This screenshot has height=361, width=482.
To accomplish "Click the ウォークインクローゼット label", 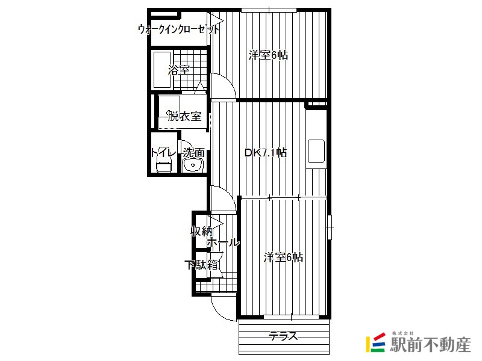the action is tap(178, 29).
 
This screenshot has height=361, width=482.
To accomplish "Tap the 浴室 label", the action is tap(178, 70).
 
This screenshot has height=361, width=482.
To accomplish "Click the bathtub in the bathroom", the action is tap(162, 70).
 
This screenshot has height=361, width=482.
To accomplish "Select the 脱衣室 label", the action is tap(184, 116).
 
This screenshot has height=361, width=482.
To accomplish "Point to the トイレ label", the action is tap(163, 152).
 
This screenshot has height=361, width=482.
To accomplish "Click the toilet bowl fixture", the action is tap(163, 166).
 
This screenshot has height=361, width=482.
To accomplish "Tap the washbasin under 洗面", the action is tap(193, 165).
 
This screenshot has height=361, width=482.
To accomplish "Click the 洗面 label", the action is tap(193, 153).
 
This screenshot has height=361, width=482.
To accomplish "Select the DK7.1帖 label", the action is tap(266, 153).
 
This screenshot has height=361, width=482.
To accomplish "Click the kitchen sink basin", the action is tap(316, 151).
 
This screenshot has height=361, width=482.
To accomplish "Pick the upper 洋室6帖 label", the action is tap(268, 55).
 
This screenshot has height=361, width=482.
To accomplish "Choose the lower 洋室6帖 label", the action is tap(283, 258).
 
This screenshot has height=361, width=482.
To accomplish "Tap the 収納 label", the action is tap(201, 231).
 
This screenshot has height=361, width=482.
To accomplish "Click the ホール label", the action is tap(223, 242).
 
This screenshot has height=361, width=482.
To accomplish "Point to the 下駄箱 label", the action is tap(201, 265).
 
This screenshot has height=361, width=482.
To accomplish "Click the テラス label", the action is tap(284, 336).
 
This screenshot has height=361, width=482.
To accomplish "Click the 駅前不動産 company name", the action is tap(430, 344).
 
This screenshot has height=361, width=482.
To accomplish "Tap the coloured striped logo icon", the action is tap(375, 342).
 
